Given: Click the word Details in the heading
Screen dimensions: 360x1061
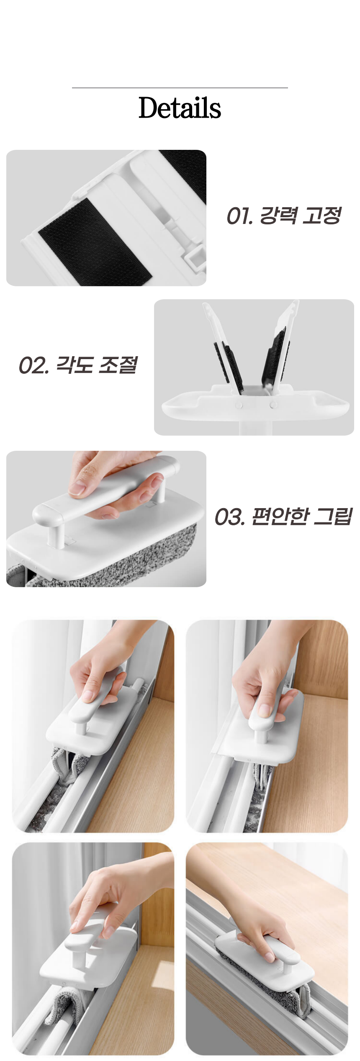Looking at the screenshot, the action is click(180, 108).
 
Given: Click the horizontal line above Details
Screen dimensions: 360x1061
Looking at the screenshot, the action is click(180, 88).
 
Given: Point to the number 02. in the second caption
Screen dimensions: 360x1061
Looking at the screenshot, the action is click(33, 366).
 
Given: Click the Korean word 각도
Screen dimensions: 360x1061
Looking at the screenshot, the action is click(74, 365).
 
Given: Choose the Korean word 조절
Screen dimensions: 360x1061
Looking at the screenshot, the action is click(118, 365).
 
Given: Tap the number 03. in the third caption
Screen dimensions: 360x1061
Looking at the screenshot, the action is click(230, 517).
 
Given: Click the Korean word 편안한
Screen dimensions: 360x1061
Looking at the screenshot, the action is click(280, 516).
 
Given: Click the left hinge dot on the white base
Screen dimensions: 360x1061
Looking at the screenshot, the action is click(239, 405).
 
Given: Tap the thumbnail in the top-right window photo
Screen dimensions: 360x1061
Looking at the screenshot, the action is click(265, 710).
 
